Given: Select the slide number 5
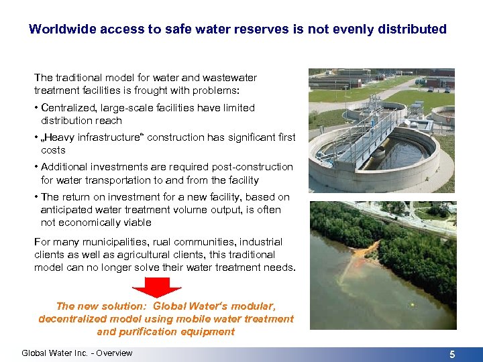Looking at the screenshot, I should point(452,355).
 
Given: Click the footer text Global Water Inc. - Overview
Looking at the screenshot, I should point(77,353).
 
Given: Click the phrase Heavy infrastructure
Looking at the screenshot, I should point(89,137).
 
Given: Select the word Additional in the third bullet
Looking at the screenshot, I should point(66,167).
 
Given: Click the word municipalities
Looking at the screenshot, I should point(100,242).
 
